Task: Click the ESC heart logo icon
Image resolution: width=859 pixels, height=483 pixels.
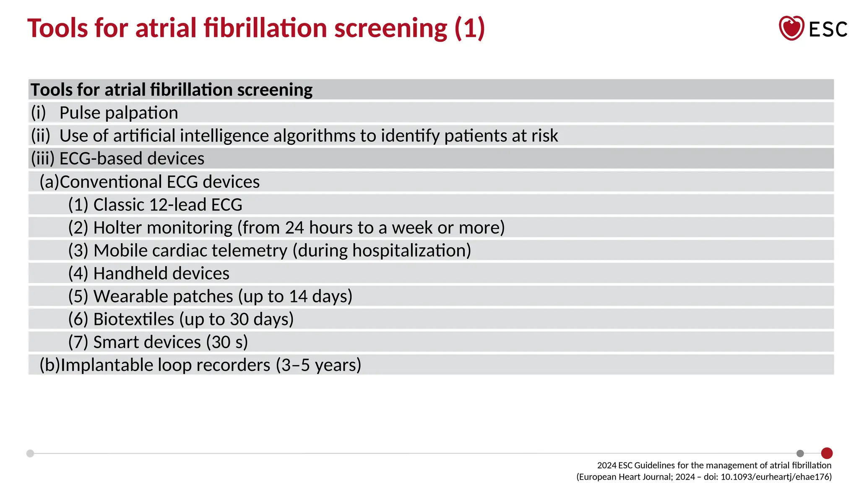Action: click(791, 28)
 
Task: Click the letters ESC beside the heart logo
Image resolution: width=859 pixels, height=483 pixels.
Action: click(828, 29)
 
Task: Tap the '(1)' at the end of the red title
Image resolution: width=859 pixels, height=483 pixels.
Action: click(470, 28)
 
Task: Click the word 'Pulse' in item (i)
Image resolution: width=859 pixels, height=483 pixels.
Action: click(80, 113)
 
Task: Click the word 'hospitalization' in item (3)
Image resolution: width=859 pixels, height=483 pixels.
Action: click(409, 251)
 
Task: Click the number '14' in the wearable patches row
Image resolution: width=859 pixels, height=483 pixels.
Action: click(298, 296)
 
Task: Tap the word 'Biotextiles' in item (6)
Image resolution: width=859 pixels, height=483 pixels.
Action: click(133, 319)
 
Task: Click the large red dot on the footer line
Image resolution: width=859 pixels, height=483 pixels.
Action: click(827, 453)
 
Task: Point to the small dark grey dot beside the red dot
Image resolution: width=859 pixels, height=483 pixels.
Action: click(800, 453)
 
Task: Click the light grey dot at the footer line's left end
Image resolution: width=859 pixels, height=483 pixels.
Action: click(30, 453)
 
